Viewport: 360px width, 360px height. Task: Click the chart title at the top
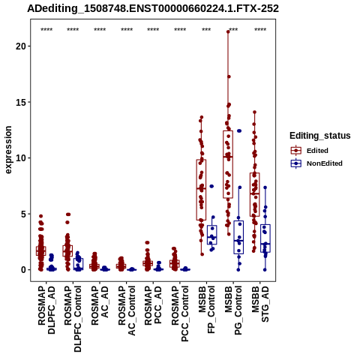153,8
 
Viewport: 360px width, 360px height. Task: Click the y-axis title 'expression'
8,150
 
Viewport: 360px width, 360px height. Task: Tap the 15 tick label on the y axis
21,102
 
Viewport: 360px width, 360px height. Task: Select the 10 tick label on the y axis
21,158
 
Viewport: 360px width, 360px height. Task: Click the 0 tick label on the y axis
24,270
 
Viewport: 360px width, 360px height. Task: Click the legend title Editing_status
320,136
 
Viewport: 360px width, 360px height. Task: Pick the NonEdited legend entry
316,163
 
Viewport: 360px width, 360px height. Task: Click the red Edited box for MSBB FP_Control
201,190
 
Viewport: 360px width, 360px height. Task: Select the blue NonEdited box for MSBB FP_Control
212,235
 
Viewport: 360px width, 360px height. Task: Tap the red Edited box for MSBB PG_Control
228,164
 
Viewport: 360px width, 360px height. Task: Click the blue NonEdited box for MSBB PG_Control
238,237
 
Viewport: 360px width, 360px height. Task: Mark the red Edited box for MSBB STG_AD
255,194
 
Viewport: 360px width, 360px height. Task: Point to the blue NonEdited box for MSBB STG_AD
265,238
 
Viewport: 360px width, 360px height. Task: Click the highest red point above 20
228,31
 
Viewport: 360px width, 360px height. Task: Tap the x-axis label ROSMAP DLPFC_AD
46,310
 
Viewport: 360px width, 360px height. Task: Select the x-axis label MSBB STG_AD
260,304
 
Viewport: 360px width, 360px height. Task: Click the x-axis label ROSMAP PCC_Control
180,313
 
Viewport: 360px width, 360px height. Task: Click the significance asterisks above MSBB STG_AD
260,30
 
